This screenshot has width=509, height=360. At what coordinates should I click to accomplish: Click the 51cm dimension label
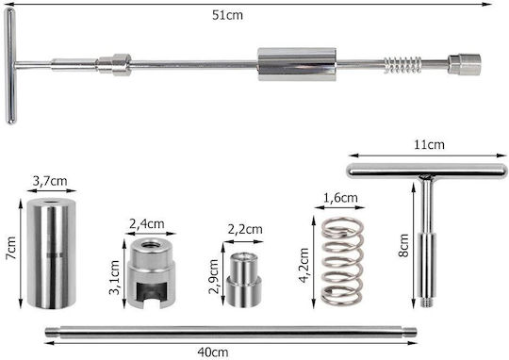point(227,15)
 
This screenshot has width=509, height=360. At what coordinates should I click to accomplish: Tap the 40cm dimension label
point(213,352)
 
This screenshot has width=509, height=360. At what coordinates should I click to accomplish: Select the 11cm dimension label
point(429,145)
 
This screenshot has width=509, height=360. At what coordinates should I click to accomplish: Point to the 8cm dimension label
point(403,245)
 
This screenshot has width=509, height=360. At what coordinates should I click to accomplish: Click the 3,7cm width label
point(50,181)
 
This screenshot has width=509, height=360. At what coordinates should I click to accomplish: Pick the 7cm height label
point(10,248)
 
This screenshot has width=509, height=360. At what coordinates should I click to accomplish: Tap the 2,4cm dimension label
point(147,224)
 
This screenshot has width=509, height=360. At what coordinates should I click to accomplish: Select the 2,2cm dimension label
point(245,230)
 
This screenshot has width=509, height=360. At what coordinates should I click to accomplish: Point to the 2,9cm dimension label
point(214,276)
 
